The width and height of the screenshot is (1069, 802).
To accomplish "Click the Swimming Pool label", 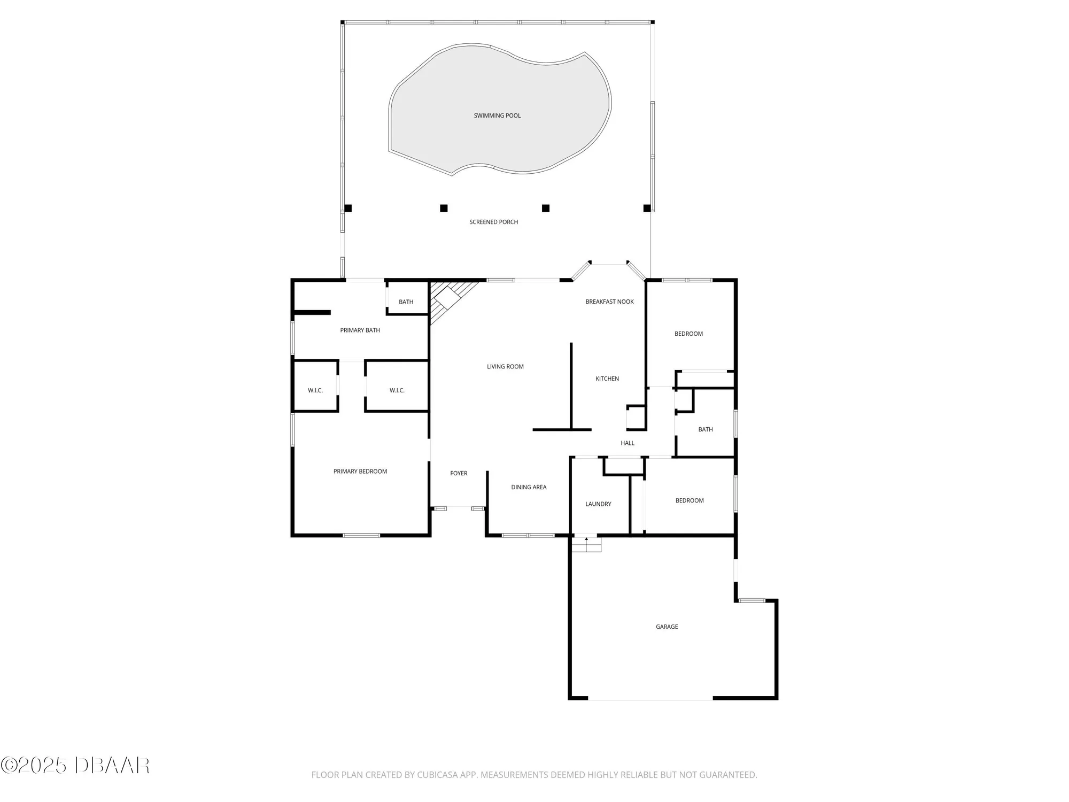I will [497, 115].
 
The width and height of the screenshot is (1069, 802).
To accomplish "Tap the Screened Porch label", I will [493, 222].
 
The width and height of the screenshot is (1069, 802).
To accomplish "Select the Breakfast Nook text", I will [609, 302].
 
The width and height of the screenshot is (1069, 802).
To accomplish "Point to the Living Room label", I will [505, 366].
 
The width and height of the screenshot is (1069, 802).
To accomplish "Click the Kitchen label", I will [607, 379].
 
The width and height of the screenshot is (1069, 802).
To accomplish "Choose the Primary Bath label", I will [360, 330].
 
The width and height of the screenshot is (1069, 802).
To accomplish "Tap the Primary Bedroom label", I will [360, 471].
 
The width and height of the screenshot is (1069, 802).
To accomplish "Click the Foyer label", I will [459, 473].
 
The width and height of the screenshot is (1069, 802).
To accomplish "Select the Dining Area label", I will [529, 487].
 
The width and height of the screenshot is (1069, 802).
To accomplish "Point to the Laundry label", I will [598, 504].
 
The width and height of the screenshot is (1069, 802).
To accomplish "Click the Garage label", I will [667, 627].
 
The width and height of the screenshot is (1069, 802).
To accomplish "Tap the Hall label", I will [628, 443].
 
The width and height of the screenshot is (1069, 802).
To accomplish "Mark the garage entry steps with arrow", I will [586, 544].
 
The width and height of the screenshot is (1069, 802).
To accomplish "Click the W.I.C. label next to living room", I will [397, 390].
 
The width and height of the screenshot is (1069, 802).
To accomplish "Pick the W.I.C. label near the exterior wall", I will [315, 390].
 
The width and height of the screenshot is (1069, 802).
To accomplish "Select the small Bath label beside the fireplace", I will [406, 302].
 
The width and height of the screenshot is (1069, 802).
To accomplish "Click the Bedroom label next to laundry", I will [690, 500].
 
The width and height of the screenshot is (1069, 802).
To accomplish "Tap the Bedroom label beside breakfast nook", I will [688, 334].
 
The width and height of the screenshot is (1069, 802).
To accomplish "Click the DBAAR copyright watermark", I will [75, 766].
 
